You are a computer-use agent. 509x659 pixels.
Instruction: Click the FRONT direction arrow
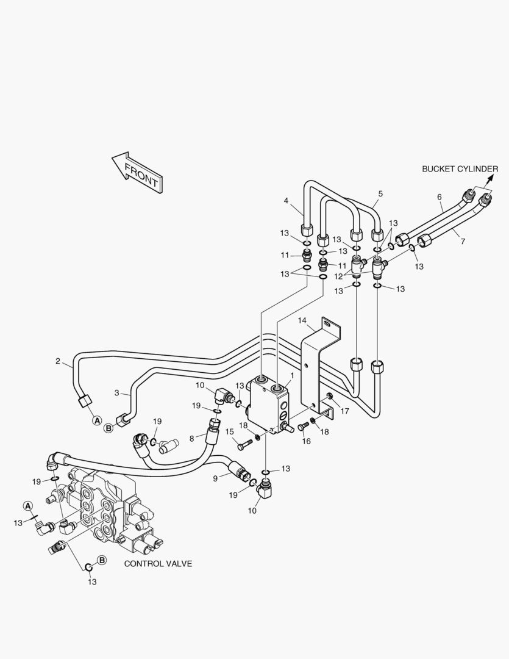click(137, 173)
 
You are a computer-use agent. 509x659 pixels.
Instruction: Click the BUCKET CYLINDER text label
click(460, 169)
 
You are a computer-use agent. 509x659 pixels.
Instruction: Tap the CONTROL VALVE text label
click(158, 564)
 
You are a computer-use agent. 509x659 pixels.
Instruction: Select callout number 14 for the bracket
click(302, 321)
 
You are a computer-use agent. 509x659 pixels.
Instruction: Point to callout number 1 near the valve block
click(292, 375)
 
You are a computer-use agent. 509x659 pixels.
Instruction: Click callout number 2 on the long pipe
click(58, 361)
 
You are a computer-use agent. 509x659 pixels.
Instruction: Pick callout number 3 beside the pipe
click(117, 393)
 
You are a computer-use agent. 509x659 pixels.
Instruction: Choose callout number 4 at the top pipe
click(286, 201)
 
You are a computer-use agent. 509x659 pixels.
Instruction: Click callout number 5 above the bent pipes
click(380, 194)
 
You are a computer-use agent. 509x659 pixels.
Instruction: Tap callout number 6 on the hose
click(440, 196)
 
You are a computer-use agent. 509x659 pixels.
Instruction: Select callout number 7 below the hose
click(463, 242)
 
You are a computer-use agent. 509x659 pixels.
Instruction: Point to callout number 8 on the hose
click(191, 439)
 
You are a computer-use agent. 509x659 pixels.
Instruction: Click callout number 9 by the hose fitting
click(215, 478)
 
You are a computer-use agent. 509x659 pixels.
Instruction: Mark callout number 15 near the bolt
click(229, 431)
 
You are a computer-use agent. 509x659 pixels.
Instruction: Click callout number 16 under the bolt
click(307, 441)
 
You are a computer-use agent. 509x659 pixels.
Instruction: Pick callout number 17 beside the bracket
click(344, 411)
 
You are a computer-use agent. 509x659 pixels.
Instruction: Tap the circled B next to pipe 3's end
click(109, 428)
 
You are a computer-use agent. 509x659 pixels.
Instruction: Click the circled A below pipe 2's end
click(97, 420)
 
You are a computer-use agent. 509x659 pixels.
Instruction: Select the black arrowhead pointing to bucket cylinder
click(489, 179)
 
